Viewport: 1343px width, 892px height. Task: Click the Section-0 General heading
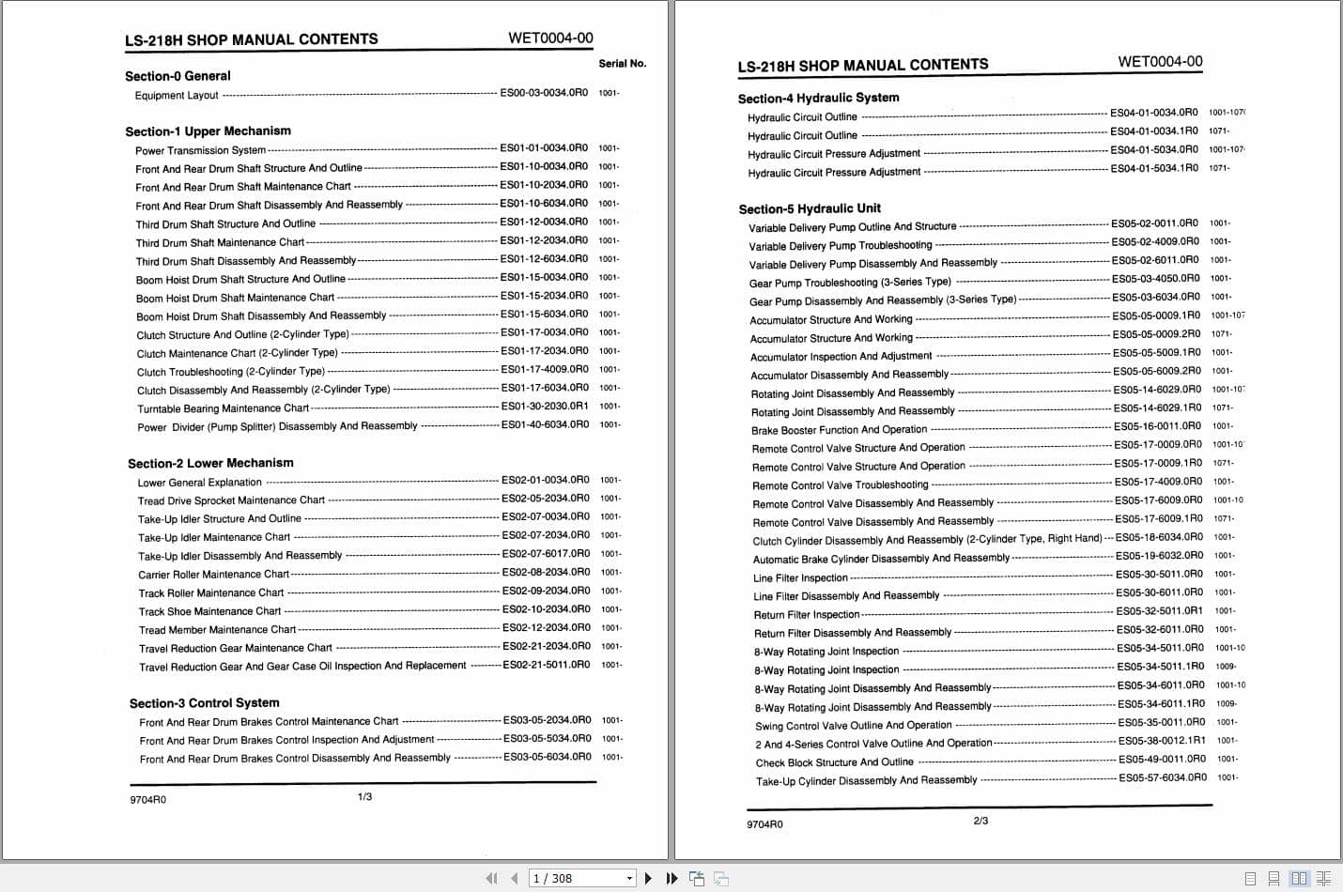point(178,76)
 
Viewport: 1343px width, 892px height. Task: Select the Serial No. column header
point(622,64)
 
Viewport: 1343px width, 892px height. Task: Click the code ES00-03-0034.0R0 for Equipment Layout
point(544,93)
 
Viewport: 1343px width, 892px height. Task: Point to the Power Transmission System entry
point(200,150)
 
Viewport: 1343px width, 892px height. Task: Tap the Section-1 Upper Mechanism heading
point(208,131)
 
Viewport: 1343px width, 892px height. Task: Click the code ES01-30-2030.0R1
point(545,406)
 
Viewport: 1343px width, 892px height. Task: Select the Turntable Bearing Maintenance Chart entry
point(223,408)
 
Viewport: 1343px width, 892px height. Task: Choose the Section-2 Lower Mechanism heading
point(210,463)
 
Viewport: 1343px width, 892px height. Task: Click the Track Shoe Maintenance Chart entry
point(209,611)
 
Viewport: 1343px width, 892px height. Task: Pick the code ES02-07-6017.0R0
point(546,554)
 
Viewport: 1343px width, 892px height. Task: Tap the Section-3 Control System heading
point(204,703)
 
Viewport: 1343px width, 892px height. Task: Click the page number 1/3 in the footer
point(364,797)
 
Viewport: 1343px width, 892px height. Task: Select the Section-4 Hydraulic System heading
point(818,98)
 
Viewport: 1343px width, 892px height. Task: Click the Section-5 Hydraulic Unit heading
point(810,208)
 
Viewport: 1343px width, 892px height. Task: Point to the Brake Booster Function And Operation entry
point(839,430)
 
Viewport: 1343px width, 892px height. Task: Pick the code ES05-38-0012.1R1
point(1162,741)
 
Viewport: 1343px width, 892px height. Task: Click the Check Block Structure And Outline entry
point(834,762)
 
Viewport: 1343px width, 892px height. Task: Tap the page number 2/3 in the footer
point(980,821)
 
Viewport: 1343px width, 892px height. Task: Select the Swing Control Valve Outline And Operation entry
point(853,726)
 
